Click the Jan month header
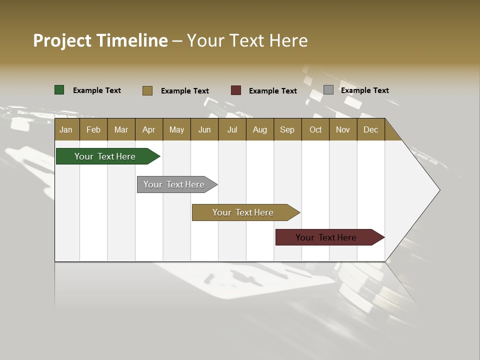(x=66, y=129)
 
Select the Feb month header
(x=93, y=129)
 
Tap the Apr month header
(x=148, y=129)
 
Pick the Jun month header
(x=204, y=129)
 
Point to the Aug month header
(x=260, y=129)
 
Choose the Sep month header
(x=287, y=129)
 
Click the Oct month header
(x=315, y=129)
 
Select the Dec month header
(x=370, y=129)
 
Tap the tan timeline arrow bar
(x=243, y=212)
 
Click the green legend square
(x=59, y=90)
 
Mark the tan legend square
(x=147, y=90)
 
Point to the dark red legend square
(x=236, y=90)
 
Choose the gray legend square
(x=328, y=90)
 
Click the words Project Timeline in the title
(x=100, y=40)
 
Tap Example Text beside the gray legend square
(x=364, y=90)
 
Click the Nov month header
(x=343, y=129)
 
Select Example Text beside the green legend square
(x=97, y=90)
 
